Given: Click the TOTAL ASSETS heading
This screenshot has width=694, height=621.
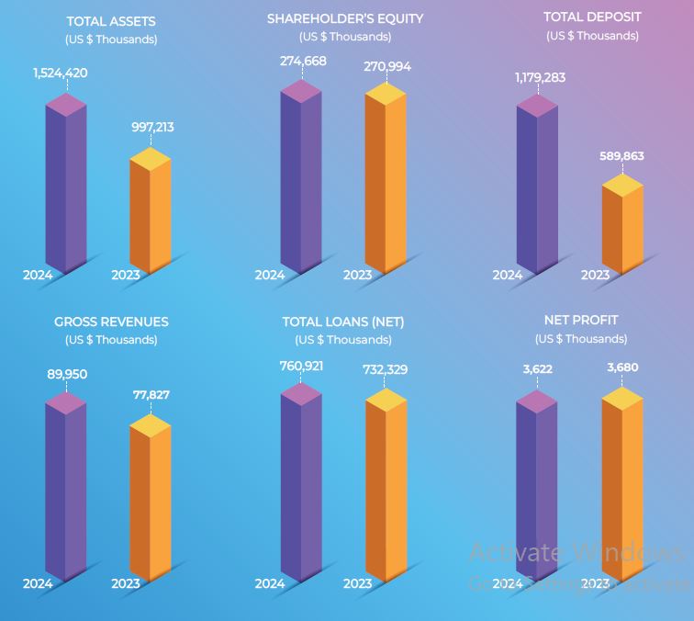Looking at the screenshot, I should (111, 21).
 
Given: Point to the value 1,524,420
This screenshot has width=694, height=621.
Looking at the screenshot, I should (61, 73).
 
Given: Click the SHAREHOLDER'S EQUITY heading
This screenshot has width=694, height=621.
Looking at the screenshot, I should (345, 18).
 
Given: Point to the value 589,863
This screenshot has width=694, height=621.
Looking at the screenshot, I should (622, 156).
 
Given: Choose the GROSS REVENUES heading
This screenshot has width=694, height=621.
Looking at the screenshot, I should (111, 322).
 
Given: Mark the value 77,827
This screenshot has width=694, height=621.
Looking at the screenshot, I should (150, 395).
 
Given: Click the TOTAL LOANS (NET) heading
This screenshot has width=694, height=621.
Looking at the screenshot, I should (343, 322).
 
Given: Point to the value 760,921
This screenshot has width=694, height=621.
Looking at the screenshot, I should (300, 367).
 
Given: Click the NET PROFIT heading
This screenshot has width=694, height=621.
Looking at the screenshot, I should (581, 320).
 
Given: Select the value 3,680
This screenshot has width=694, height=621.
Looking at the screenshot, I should (622, 367).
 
